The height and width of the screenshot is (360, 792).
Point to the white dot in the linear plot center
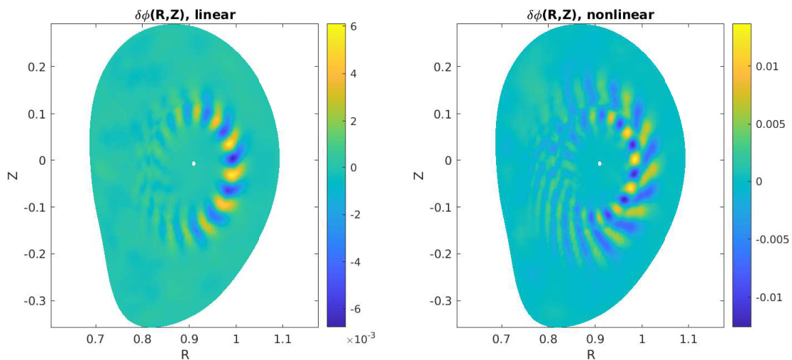click(x=193, y=163)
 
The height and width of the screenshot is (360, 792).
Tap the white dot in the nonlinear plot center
click(x=600, y=163)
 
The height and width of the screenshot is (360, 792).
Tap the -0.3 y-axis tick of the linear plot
click(x=36, y=300)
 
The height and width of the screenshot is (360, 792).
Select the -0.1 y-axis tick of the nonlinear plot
click(x=442, y=207)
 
